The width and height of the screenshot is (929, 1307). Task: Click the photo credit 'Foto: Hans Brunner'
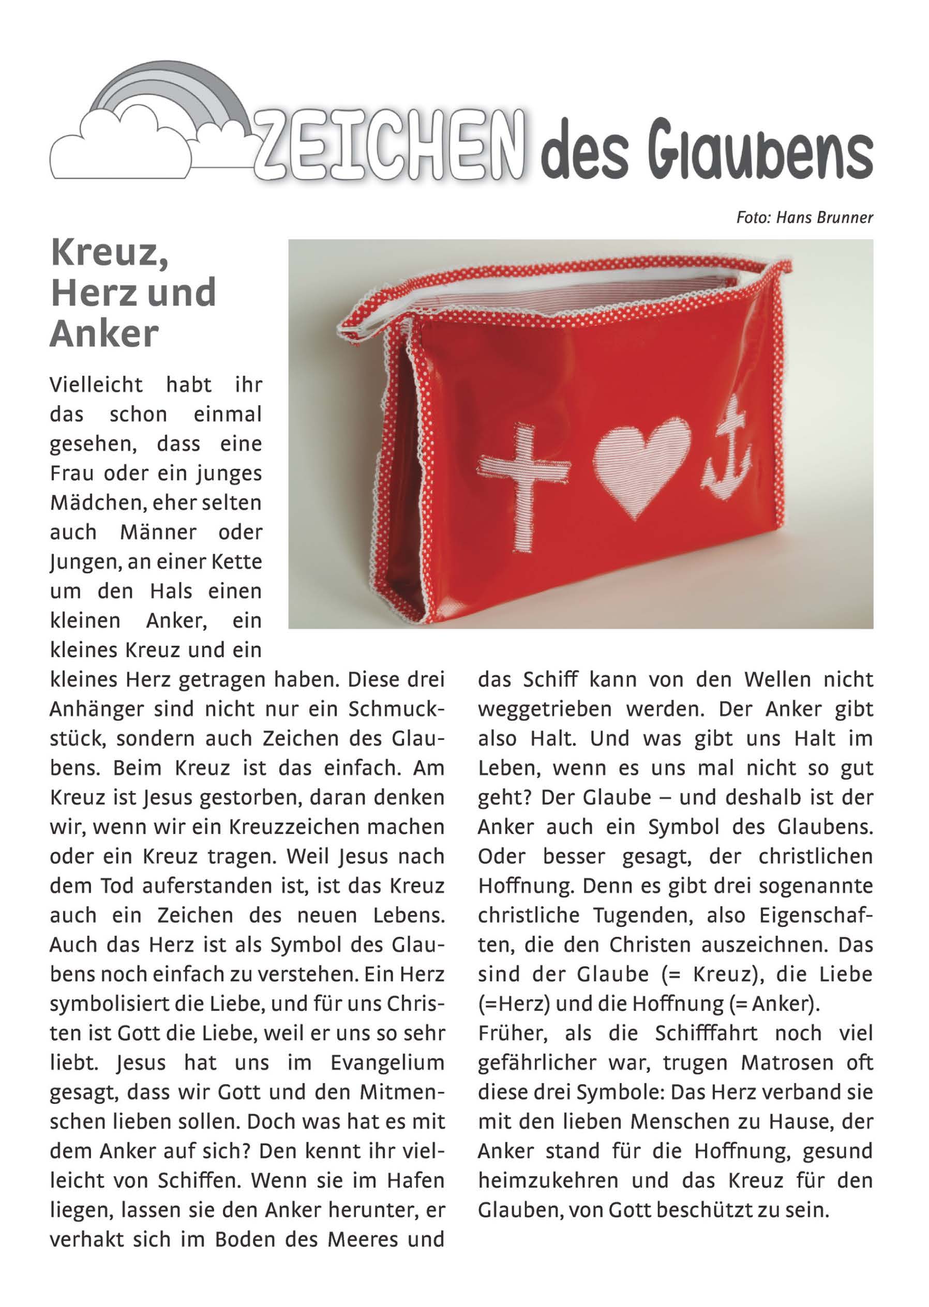pos(804,218)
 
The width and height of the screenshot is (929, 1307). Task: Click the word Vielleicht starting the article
pos(96,385)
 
